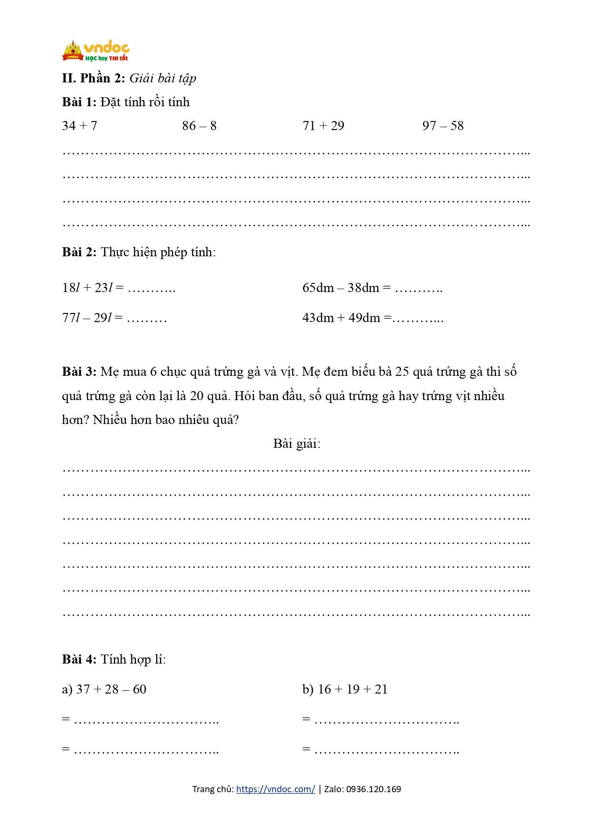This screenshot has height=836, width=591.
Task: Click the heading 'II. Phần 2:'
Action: [93, 78]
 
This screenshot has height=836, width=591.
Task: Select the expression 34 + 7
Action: [80, 126]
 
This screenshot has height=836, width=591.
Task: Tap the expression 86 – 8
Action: [199, 126]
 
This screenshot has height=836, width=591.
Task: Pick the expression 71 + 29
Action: [323, 126]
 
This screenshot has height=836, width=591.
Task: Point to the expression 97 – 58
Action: [443, 126]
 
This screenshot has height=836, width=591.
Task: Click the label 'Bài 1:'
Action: [79, 102]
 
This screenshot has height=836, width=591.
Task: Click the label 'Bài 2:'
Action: [79, 252]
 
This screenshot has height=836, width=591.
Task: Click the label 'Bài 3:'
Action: [79, 372]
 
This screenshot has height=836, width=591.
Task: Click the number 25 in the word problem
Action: [402, 372]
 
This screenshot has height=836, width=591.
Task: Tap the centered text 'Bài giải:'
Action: [297, 443]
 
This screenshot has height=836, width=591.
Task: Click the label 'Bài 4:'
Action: [79, 659]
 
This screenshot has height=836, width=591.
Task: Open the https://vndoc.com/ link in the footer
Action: [275, 789]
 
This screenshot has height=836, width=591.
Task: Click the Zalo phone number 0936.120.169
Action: [373, 789]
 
